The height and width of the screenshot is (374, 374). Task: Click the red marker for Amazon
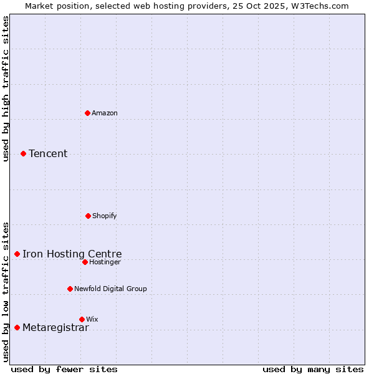[x=88, y=113]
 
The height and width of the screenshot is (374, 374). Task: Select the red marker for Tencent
[x=23, y=153]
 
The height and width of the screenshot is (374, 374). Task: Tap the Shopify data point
[x=88, y=216]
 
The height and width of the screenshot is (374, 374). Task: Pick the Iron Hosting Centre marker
[x=17, y=254]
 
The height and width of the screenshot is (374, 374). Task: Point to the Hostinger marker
[x=85, y=262]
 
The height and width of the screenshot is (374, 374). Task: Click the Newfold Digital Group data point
[x=70, y=289]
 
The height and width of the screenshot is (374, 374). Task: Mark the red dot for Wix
[x=82, y=319]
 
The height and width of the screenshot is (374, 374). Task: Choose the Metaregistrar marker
[x=17, y=327]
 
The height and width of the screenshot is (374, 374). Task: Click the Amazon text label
[x=105, y=113]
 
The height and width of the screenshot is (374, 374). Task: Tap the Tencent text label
[x=48, y=153]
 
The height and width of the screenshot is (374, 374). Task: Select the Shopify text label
[x=105, y=216]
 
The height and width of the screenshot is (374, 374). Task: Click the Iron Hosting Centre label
[x=72, y=254]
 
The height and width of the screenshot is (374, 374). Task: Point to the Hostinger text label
[x=105, y=262]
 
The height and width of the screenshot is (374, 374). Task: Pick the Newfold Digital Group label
[x=110, y=289]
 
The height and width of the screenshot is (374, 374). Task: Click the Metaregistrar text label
[x=55, y=328]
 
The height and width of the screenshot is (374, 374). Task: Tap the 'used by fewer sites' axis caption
[x=64, y=369]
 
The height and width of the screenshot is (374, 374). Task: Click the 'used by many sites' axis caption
[x=313, y=369]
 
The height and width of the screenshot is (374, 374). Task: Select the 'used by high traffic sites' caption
[x=6, y=89]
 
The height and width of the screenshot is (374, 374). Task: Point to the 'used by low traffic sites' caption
[x=6, y=291]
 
